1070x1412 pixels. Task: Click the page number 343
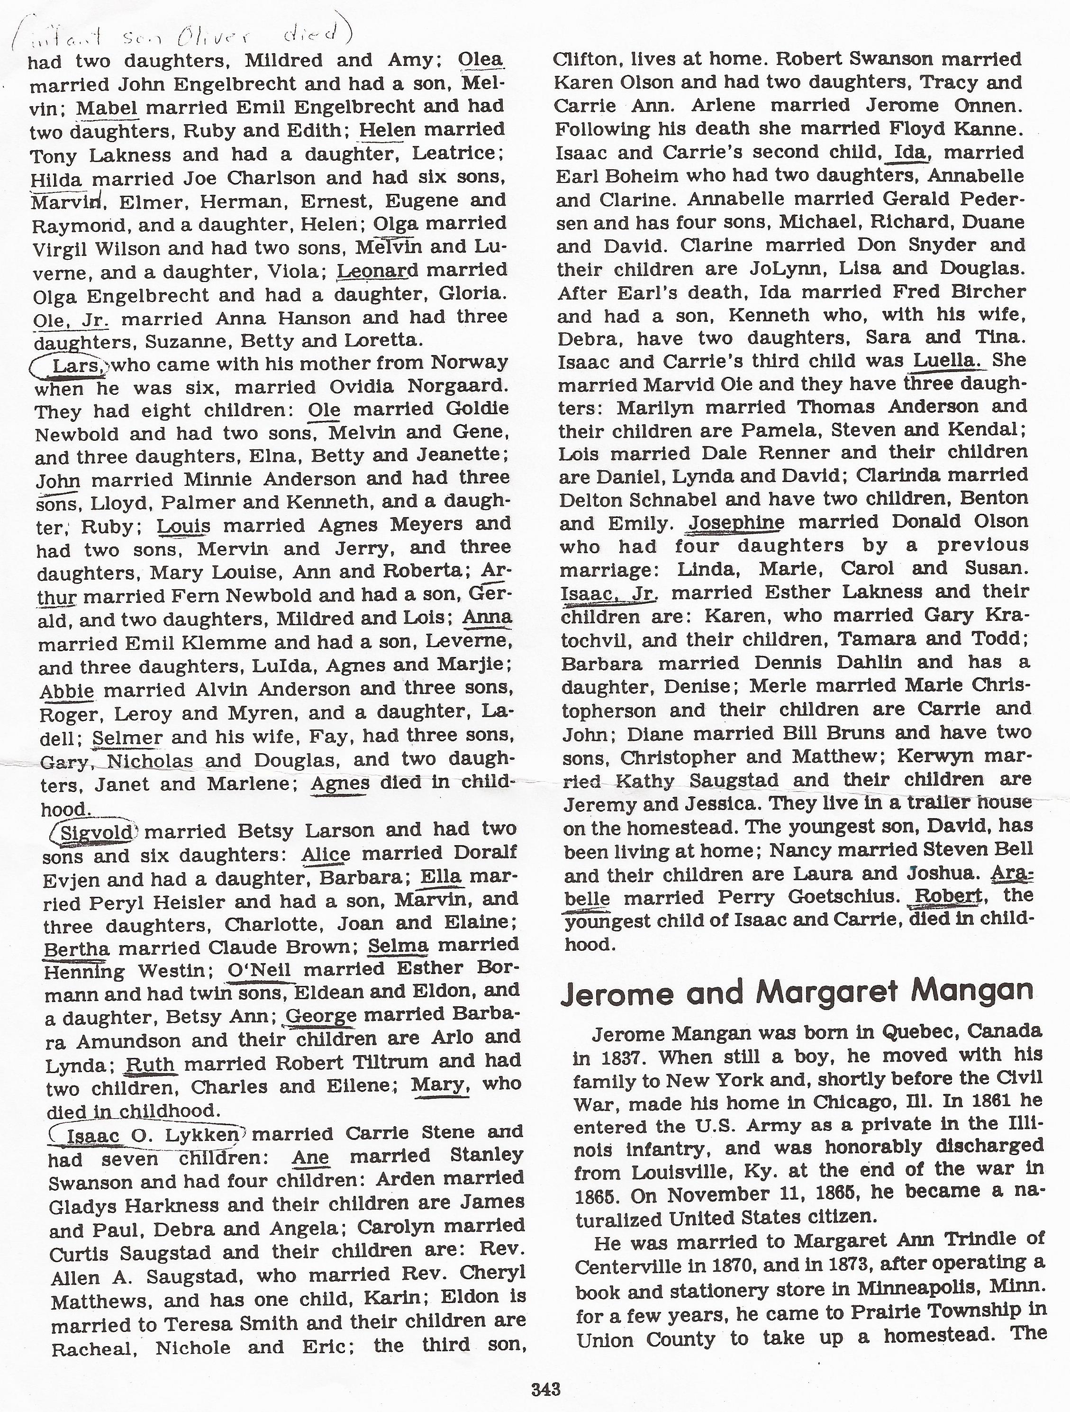545,1388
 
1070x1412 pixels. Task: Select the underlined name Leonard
376,270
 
